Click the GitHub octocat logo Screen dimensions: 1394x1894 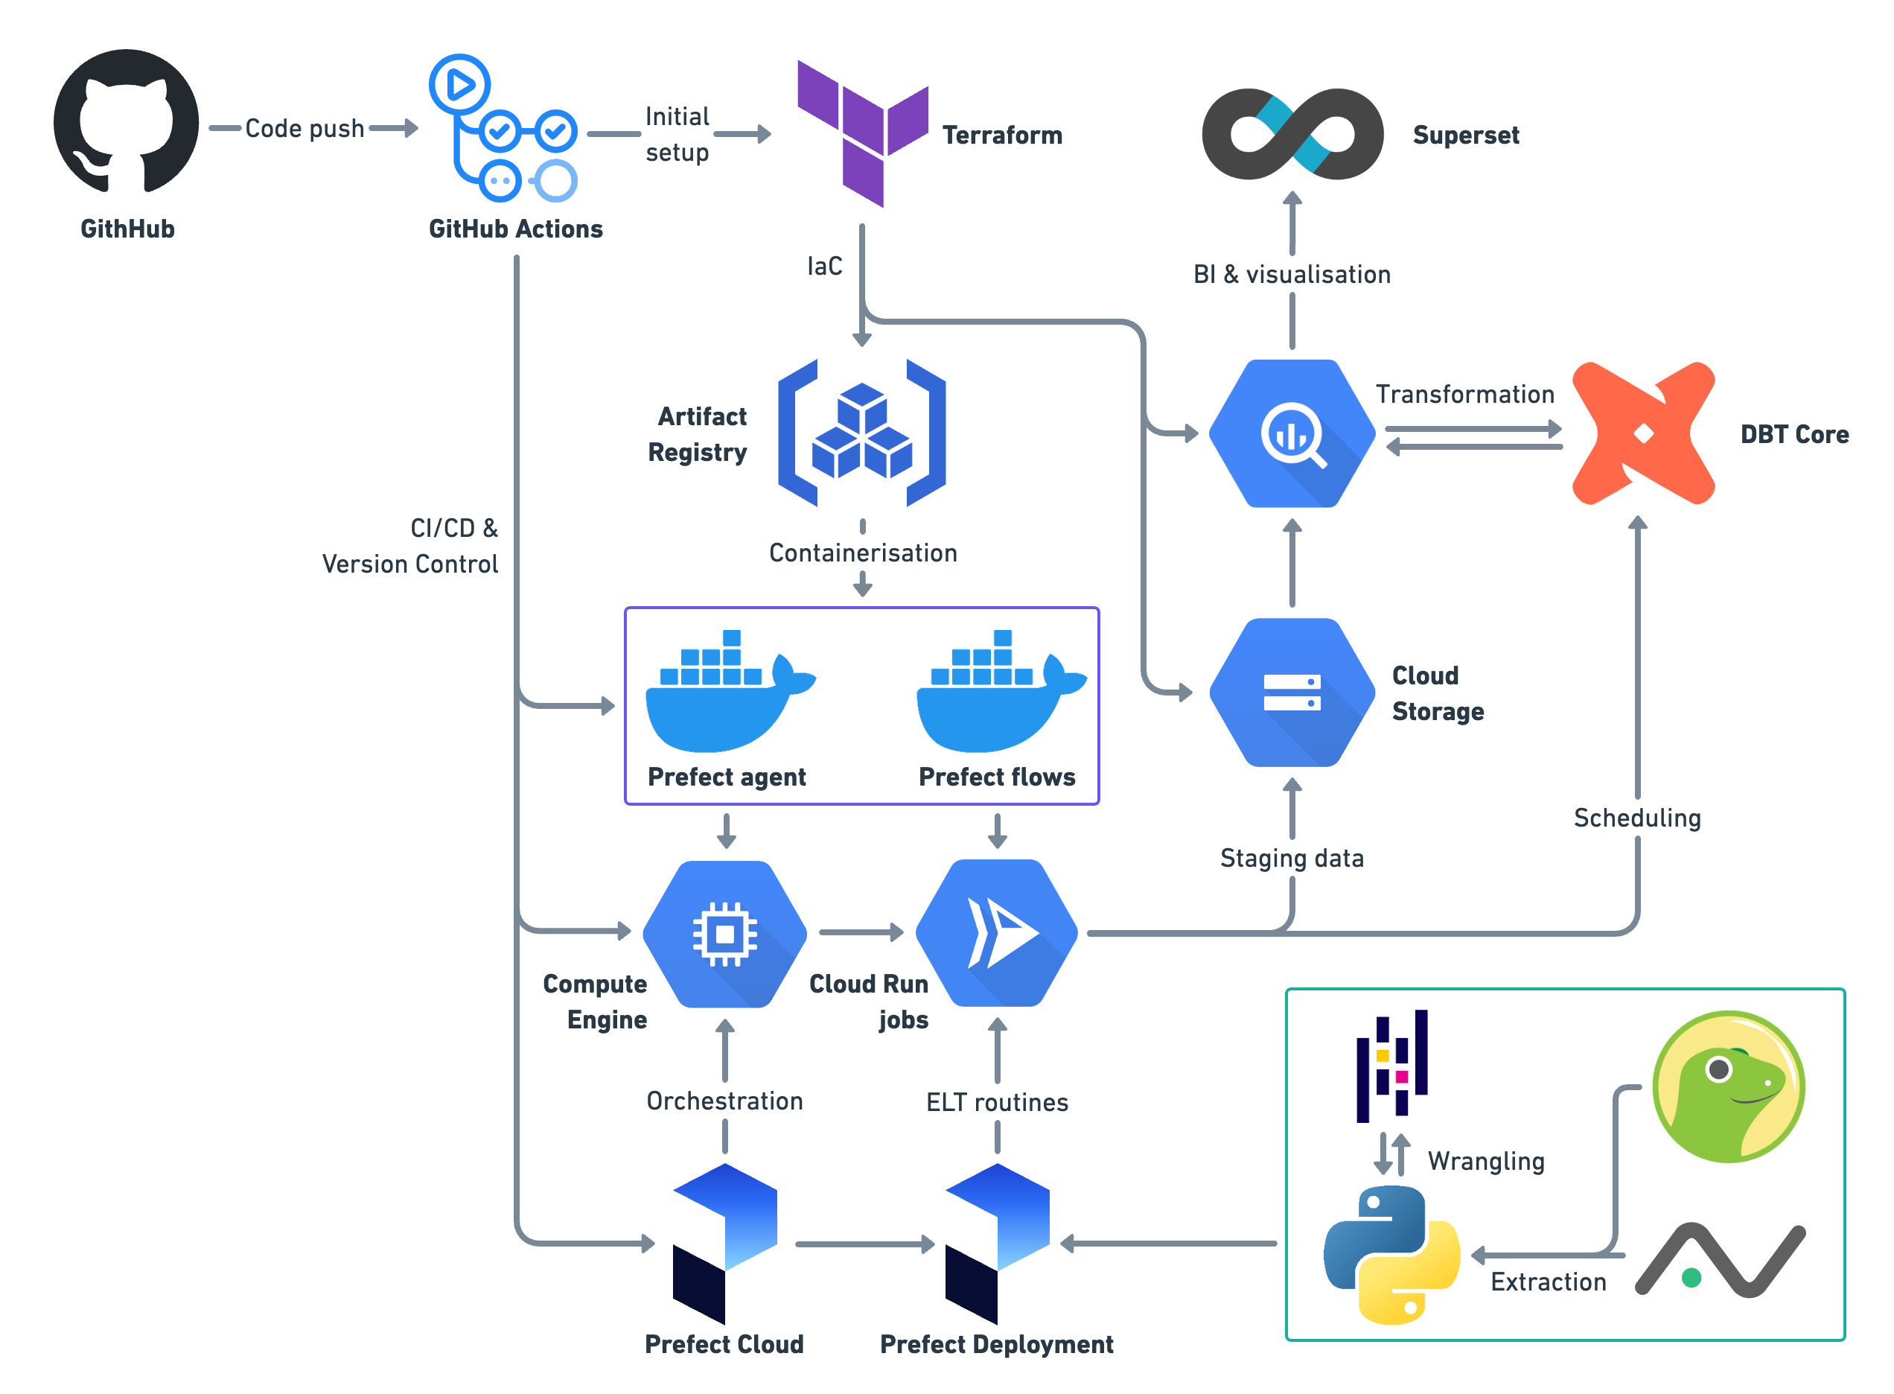pyautogui.click(x=127, y=122)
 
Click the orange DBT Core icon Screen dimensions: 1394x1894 pyautogui.click(x=1643, y=433)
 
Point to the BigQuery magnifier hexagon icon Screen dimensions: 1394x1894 pyautogui.click(x=1292, y=433)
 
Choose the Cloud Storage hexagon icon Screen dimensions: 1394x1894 pyautogui.click(x=1292, y=693)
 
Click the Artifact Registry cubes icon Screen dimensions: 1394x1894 pyautogui.click(x=861, y=433)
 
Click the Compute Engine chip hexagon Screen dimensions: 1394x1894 pyautogui.click(x=724, y=933)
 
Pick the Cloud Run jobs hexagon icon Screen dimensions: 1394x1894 pyautogui.click(x=996, y=933)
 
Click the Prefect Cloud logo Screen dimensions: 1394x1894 pyautogui.click(x=724, y=1243)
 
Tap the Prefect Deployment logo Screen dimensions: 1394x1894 pyautogui.click(x=997, y=1243)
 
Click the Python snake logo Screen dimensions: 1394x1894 pyautogui.click(x=1392, y=1255)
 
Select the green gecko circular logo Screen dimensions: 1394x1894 pyautogui.click(x=1728, y=1086)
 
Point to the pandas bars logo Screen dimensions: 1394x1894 pyautogui.click(x=1392, y=1066)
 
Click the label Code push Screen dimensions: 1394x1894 pyautogui.click(x=304, y=129)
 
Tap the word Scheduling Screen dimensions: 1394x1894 pyautogui.click(x=1636, y=818)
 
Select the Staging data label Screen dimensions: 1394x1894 pyautogui.click(x=1292, y=858)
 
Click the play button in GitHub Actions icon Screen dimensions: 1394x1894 pyautogui.click(x=460, y=84)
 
